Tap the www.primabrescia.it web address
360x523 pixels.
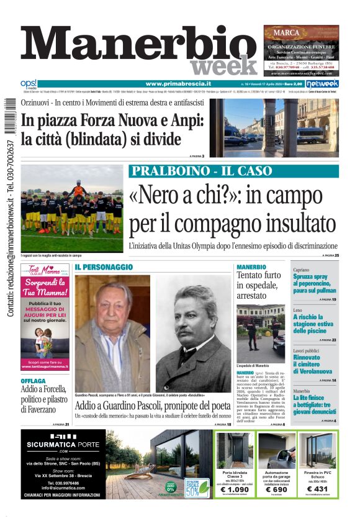pyautogui.click(x=178, y=84)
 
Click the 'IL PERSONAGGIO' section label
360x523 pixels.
pyautogui.click(x=104, y=267)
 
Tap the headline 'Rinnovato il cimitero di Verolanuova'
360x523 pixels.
pyautogui.click(x=315, y=366)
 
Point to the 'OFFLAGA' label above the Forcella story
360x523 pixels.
pyautogui.click(x=33, y=381)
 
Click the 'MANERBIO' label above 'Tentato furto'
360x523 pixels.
pyautogui.click(x=251, y=267)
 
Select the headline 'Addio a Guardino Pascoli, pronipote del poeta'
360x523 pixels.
pyautogui.click(x=153, y=405)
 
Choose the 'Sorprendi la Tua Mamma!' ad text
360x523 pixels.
pyautogui.click(x=45, y=291)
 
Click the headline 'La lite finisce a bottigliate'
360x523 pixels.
pyautogui.click(x=315, y=406)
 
